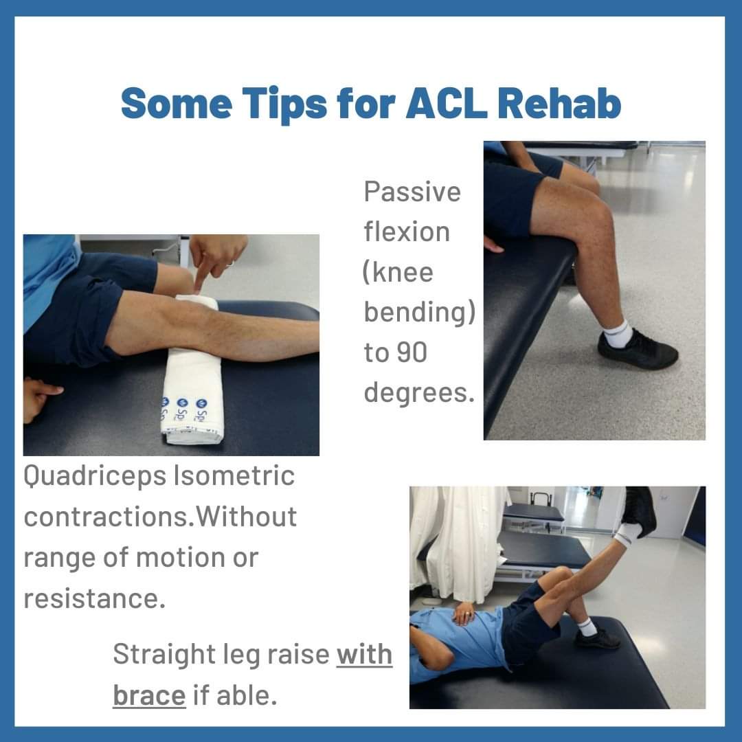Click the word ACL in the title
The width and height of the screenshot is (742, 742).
(x=447, y=103)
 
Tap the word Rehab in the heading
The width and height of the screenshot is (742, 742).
(x=559, y=102)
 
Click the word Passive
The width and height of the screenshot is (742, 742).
(x=412, y=192)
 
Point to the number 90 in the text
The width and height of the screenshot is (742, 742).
(x=412, y=352)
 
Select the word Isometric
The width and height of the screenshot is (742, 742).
(x=234, y=475)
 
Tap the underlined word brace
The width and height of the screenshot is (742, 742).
(x=149, y=695)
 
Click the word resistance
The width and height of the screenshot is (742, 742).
(x=94, y=598)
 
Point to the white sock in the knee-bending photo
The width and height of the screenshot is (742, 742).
(x=617, y=333)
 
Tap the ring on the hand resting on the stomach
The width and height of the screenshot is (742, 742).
(x=469, y=614)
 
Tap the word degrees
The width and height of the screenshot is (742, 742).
(x=419, y=394)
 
